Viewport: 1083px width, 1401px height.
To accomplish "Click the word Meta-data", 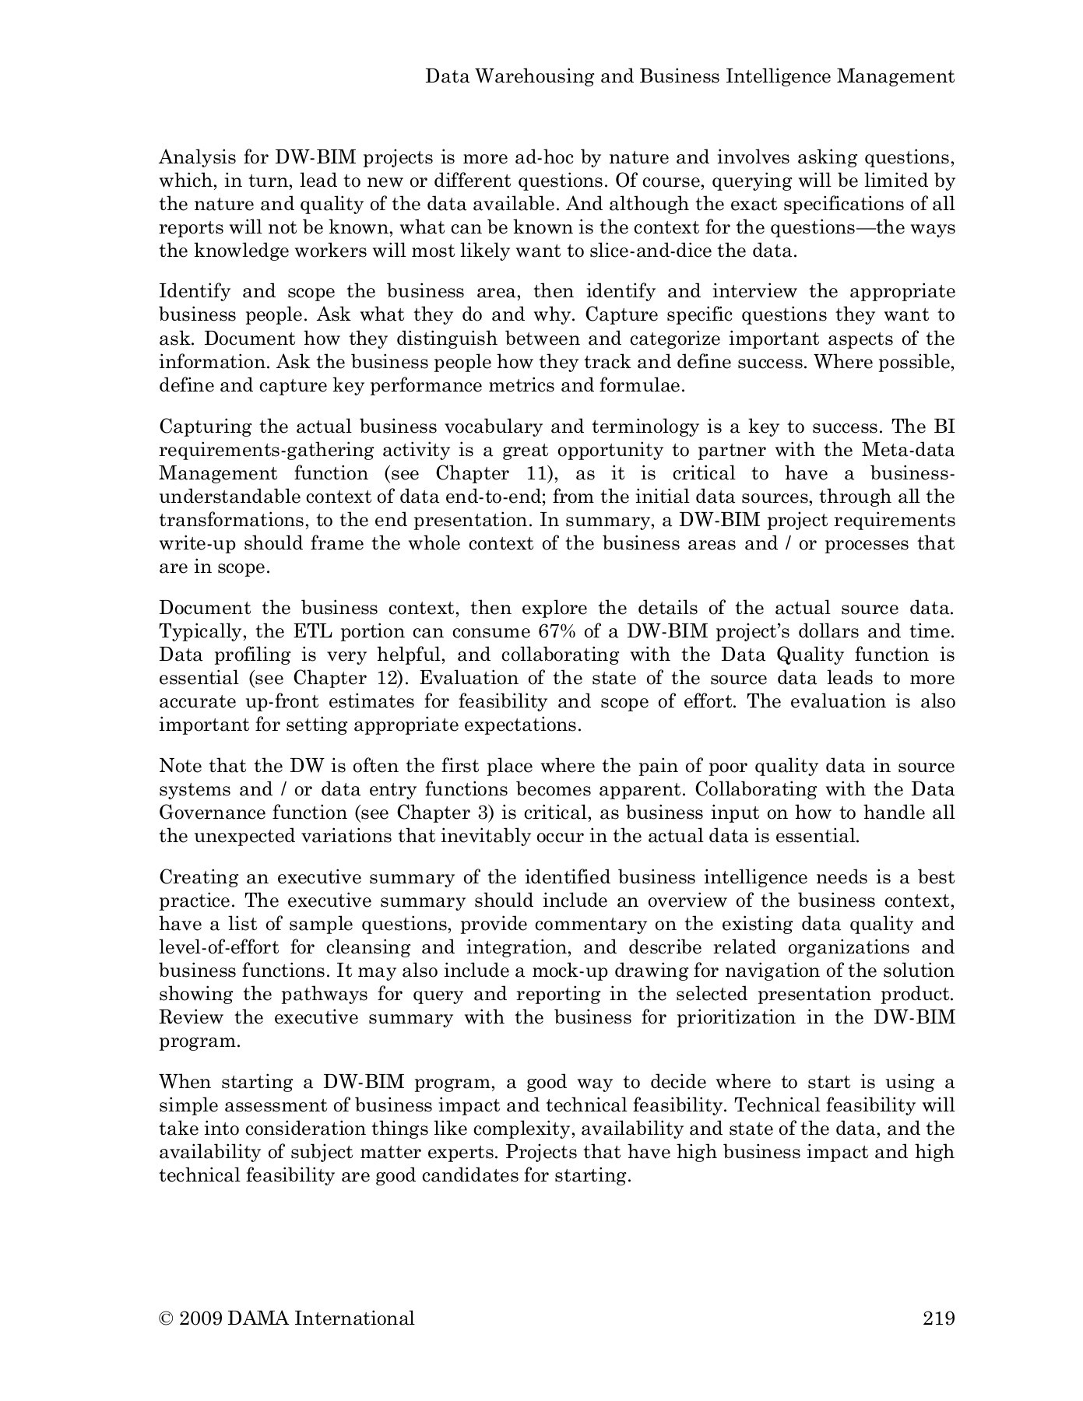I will coord(909,450).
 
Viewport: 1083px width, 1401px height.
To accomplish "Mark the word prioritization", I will coord(733,1017).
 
